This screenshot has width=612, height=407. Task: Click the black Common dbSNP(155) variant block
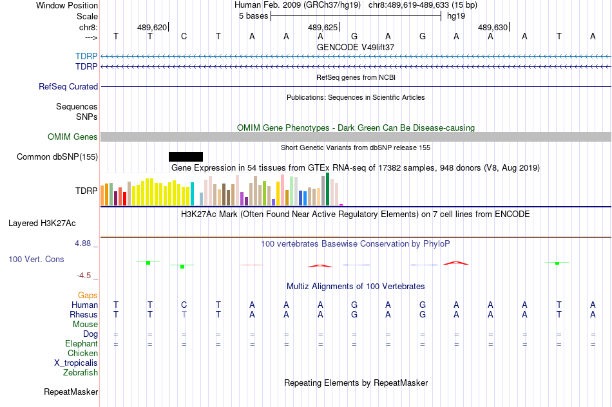[186, 156]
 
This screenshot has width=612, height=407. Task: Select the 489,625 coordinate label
[322, 28]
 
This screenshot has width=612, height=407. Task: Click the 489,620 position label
[152, 28]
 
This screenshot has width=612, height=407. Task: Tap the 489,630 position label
[493, 28]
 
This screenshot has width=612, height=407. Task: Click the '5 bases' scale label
[252, 16]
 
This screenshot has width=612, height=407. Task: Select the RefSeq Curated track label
[68, 87]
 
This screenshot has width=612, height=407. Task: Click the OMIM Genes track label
[73, 137]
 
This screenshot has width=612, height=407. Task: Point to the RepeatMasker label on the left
[71, 392]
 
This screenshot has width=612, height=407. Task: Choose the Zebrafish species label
[81, 372]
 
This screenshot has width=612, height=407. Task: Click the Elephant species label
[81, 344]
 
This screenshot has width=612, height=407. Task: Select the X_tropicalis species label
[76, 363]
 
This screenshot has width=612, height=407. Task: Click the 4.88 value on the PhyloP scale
[83, 243]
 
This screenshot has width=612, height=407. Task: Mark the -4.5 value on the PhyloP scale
[84, 276]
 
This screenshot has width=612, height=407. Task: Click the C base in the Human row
[184, 305]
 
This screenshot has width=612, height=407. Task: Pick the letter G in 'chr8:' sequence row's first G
[354, 37]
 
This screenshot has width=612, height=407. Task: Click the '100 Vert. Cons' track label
[36, 260]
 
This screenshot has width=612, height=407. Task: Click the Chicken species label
[82, 354]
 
